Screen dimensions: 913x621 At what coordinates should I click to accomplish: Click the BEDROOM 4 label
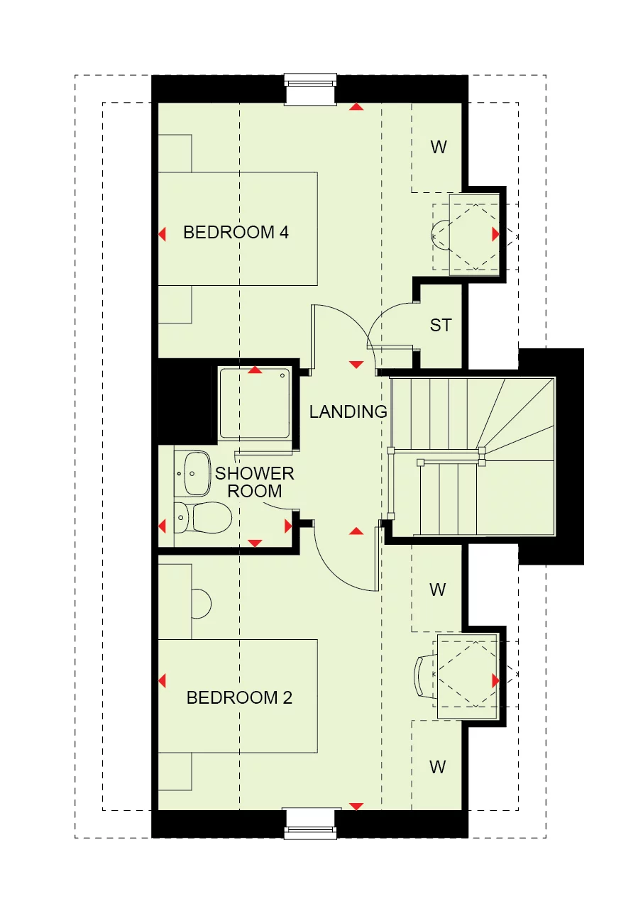pos(236,232)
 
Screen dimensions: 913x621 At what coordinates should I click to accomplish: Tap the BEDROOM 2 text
pos(239,697)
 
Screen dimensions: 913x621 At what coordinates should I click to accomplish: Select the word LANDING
pos(348,411)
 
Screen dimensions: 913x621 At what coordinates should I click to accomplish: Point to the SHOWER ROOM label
pos(255,482)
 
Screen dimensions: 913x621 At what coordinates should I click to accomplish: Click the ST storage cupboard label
pos(440,326)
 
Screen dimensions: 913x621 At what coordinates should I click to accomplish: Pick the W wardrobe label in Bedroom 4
pos(439,148)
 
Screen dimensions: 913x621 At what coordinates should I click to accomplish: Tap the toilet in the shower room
pos(206,517)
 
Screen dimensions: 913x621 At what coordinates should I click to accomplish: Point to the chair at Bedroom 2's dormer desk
pos(424,677)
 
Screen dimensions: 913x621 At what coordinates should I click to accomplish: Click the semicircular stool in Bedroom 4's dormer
pos(440,233)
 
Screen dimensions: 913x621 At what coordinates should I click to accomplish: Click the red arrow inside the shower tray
pos(254,370)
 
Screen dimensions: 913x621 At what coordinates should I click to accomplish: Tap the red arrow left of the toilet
pos(162,526)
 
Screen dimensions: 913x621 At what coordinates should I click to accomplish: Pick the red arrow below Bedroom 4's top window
pos(356,107)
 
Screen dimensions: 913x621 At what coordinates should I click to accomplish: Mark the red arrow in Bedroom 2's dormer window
pos(495,680)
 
